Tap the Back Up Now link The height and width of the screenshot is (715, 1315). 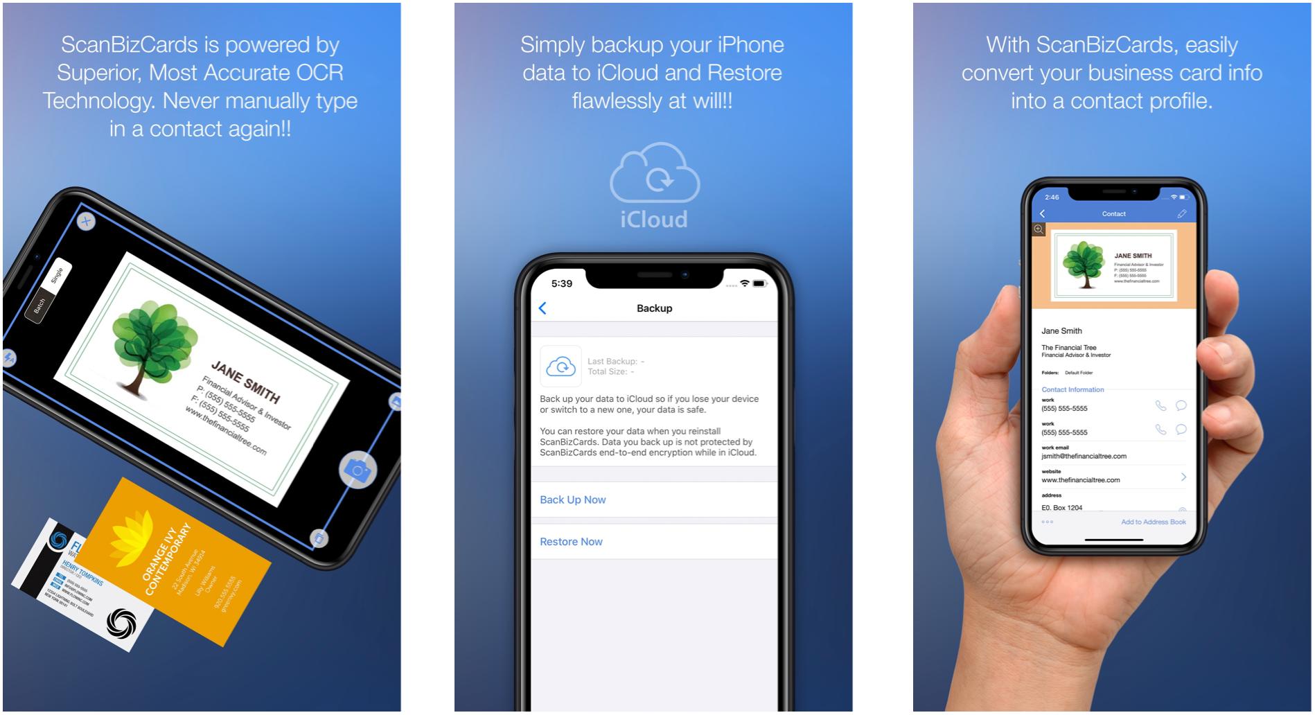pyautogui.click(x=572, y=500)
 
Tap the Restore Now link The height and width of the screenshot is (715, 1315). pyautogui.click(x=571, y=542)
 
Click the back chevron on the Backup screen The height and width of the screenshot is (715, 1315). pyautogui.click(x=542, y=308)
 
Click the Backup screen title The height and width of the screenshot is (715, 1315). pyautogui.click(x=654, y=308)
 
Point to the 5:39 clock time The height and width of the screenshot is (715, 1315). pyautogui.click(x=561, y=283)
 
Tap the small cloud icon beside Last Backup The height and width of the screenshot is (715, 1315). pyautogui.click(x=561, y=366)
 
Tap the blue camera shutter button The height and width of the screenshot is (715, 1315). pyautogui.click(x=358, y=470)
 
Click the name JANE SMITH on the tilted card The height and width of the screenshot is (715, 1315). pyautogui.click(x=245, y=382)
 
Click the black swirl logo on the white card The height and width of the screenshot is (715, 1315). pyautogui.click(x=121, y=621)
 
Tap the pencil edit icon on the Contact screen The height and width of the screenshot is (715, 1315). pyautogui.click(x=1182, y=213)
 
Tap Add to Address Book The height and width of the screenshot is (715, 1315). pyautogui.click(x=1153, y=522)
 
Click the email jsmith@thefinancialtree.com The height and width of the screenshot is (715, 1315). pyautogui.click(x=1084, y=456)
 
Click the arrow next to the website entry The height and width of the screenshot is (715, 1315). pyautogui.click(x=1183, y=477)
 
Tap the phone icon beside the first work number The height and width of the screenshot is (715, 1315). pyautogui.click(x=1160, y=406)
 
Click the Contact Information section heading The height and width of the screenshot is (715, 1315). pyautogui.click(x=1073, y=389)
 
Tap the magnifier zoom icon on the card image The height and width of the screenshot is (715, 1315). pyautogui.click(x=1039, y=229)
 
